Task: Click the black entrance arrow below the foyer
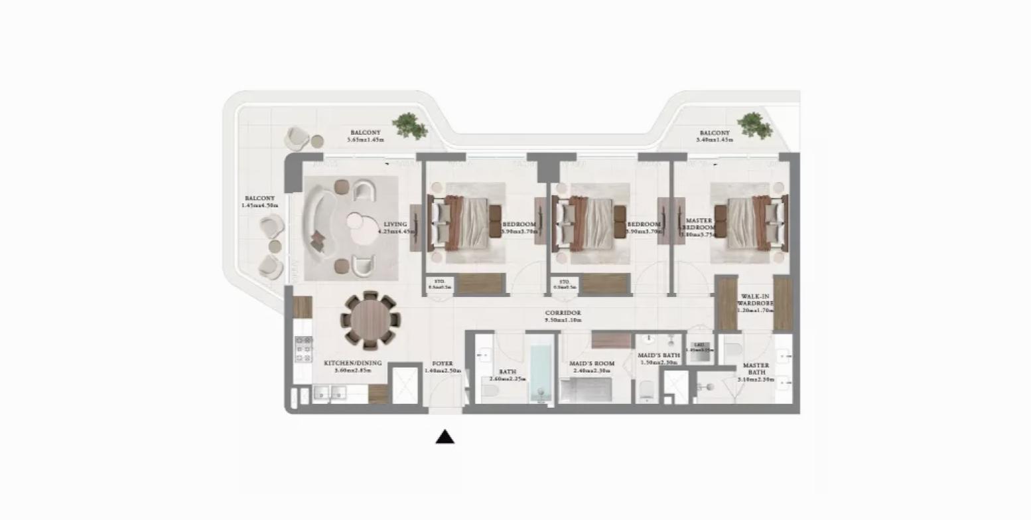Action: click(445, 436)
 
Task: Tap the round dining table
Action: click(370, 319)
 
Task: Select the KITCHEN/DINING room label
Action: click(352, 367)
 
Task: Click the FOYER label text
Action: click(443, 367)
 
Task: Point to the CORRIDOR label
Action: click(563, 316)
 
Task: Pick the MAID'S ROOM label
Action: click(592, 367)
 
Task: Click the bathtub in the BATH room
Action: click(541, 369)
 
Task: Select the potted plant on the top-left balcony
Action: click(409, 126)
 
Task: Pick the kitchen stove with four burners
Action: click(303, 349)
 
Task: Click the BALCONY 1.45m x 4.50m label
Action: click(259, 202)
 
